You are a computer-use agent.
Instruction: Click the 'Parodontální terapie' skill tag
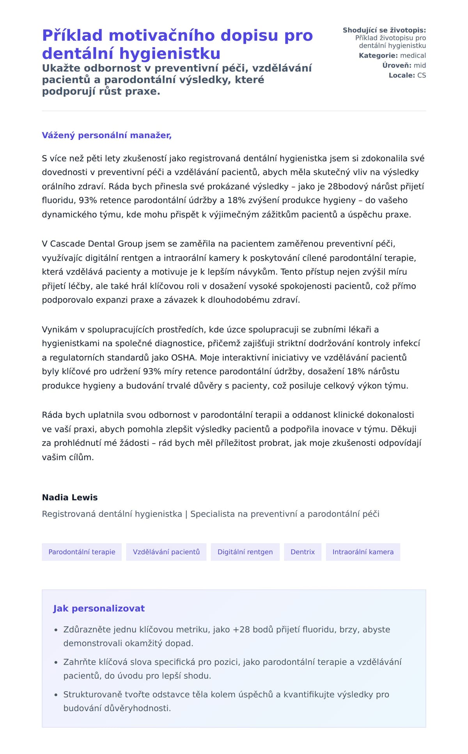[x=82, y=552]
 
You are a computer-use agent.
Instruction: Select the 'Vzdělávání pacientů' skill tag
[x=166, y=552]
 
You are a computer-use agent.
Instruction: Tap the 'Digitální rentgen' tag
[x=245, y=552]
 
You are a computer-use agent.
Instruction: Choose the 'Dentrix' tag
[x=303, y=552]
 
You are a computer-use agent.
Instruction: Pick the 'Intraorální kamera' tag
[x=363, y=552]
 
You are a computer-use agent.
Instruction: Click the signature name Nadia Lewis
[x=70, y=497]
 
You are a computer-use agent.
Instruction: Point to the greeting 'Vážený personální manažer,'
[x=106, y=135]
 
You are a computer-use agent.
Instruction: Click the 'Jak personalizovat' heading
[x=99, y=608]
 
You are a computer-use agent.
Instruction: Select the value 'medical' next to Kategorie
[x=413, y=55]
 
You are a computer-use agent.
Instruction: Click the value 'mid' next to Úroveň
[x=420, y=65]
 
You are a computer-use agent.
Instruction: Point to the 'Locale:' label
[x=402, y=75]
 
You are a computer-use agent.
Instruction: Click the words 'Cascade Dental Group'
[x=96, y=244]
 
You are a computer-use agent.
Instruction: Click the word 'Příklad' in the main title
[x=73, y=35]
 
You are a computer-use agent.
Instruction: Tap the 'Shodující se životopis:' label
[x=384, y=30]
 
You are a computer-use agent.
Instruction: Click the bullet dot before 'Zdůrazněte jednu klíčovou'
[x=56, y=630]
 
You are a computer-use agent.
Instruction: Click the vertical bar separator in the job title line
[x=186, y=514]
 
